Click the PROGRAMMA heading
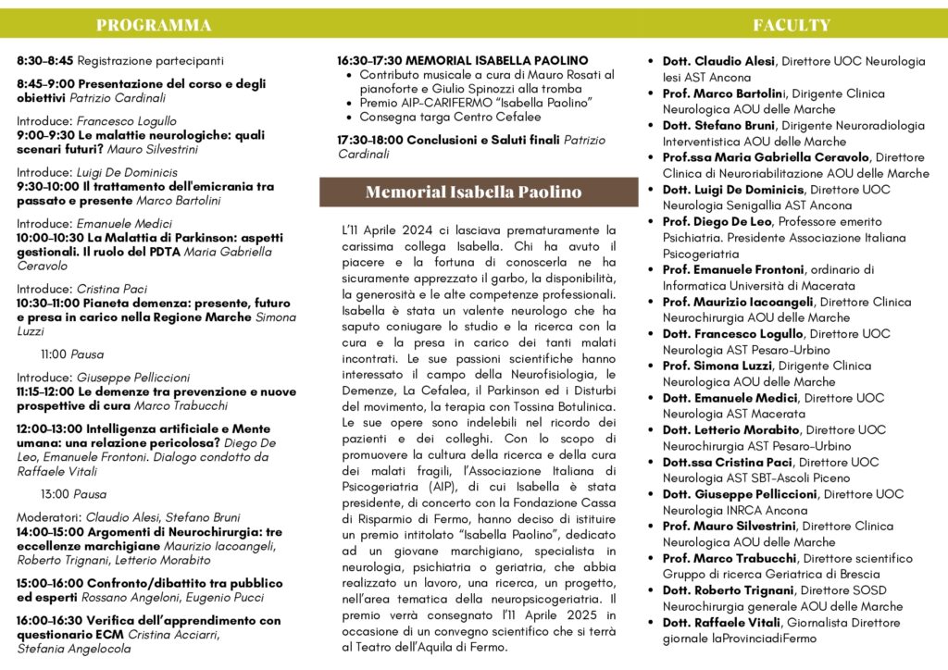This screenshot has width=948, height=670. coord(153,25)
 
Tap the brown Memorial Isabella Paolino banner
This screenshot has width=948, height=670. coord(473,192)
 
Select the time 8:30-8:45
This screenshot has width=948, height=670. coord(45,61)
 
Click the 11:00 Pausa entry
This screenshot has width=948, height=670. coord(72,354)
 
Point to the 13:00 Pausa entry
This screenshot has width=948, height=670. coord(73,494)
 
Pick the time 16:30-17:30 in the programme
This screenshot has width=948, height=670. coord(369,61)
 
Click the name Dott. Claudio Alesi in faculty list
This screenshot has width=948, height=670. coord(720,61)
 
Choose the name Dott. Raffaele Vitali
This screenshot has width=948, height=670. coord(720,622)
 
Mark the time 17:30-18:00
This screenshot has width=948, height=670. coord(370,140)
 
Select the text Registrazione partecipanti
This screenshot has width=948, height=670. coord(151,61)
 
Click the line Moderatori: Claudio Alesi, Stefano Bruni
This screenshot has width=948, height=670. coord(129,517)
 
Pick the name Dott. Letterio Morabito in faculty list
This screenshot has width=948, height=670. coord(732,429)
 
